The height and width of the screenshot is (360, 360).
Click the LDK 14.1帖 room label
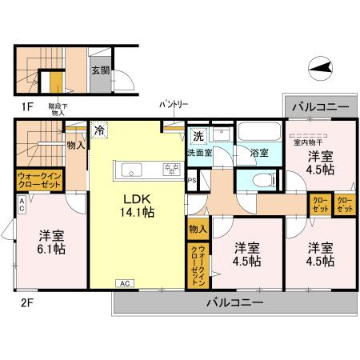coord(138,206)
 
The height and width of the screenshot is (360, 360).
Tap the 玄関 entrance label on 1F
coord(100,71)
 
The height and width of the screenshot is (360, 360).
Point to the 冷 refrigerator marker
coord(99,129)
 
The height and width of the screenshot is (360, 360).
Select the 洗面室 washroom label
coord(200,152)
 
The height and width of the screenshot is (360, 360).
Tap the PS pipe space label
coord(192,180)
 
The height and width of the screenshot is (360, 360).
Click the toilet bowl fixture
coord(258,180)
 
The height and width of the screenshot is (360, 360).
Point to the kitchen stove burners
coord(170,168)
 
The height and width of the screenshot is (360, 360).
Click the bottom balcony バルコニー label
coord(234,302)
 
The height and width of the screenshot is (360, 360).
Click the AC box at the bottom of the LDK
coord(124,283)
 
